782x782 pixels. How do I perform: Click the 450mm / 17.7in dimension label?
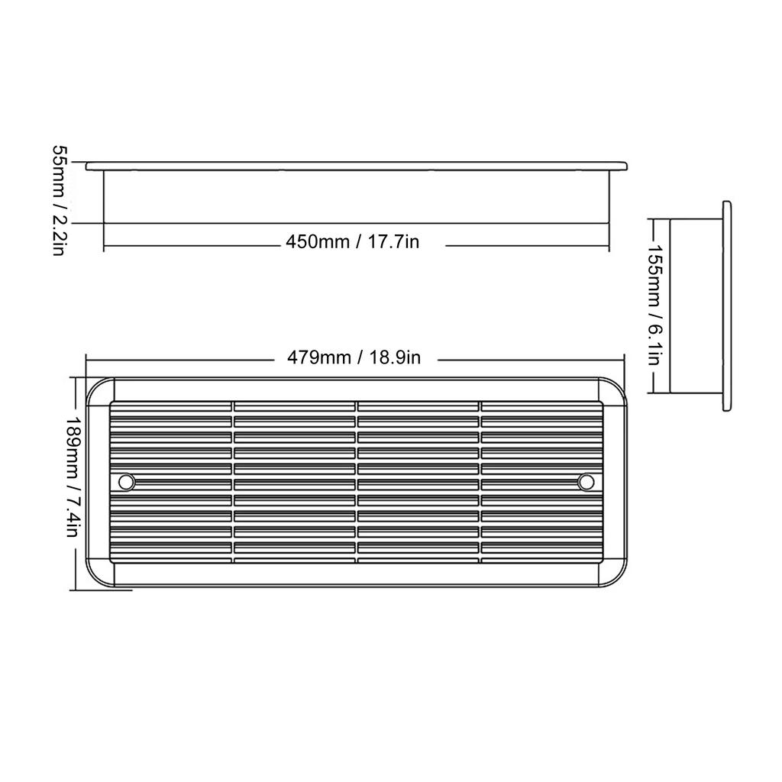tap(353, 242)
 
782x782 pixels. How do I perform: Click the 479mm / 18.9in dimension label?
tap(354, 357)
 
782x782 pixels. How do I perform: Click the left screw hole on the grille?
tap(126, 482)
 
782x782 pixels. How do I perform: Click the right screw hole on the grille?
tap(586, 482)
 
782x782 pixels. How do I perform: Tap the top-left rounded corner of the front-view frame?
tap(96, 388)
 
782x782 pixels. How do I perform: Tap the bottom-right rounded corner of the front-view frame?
tap(616, 578)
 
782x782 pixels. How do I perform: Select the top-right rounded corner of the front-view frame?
tap(616, 388)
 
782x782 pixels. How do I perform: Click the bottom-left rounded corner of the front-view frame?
tap(96, 578)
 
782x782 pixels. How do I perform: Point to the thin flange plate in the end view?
tap(726, 306)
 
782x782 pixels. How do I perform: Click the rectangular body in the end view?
tap(696, 306)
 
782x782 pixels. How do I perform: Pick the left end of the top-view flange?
tap(89, 166)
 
